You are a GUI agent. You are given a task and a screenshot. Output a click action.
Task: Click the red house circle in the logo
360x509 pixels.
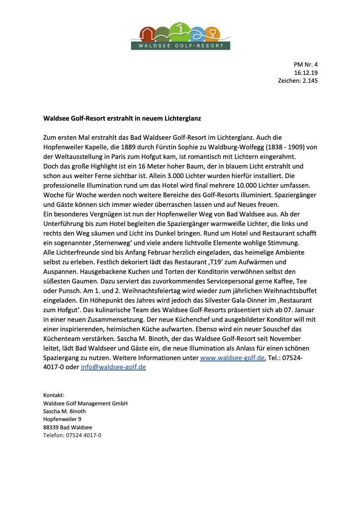pos(149,34)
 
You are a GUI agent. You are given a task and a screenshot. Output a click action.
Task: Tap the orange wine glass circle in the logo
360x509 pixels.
pos(213,34)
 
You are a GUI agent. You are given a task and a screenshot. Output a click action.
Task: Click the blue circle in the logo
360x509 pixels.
pos(197,34)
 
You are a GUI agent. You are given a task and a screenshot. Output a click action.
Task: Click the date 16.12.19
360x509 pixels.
pos(306,73)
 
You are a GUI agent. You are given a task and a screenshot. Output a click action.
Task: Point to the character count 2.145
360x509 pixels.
pos(310,81)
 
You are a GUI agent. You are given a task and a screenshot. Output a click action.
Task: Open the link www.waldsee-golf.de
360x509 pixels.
pos(232,358)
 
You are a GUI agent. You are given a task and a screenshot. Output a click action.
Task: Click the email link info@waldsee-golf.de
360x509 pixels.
pos(113,367)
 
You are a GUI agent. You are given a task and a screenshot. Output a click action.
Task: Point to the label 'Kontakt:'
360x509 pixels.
pos(54,395)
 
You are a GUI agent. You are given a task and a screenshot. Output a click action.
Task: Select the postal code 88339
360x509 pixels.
pos(51,427)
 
